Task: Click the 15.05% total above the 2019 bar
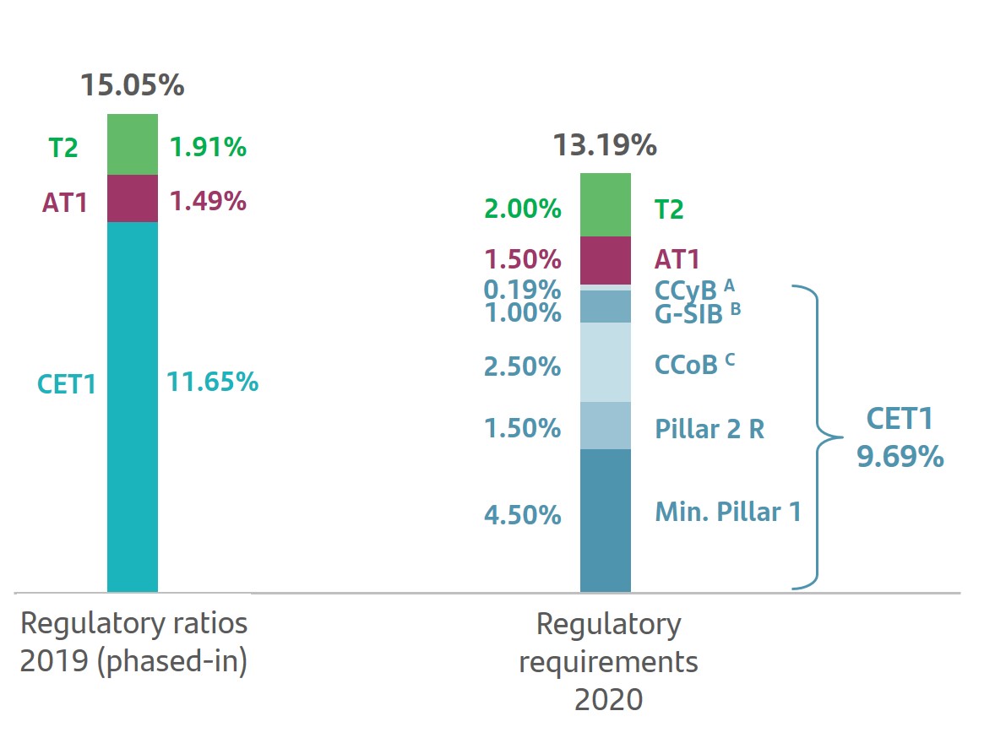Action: [x=132, y=85]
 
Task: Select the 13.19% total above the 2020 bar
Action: [x=605, y=145]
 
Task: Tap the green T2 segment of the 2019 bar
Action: [x=133, y=144]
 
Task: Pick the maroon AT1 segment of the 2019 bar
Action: [x=133, y=198]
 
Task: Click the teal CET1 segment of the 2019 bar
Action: [x=133, y=405]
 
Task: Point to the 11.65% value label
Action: [x=212, y=382]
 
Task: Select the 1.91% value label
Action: [x=208, y=148]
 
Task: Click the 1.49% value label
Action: [x=208, y=201]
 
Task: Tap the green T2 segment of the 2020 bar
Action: [x=606, y=205]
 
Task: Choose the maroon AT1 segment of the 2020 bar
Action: [x=606, y=260]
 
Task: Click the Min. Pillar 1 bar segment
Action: [x=606, y=519]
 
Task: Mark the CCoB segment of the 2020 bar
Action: [x=606, y=362]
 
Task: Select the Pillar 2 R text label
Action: [x=710, y=429]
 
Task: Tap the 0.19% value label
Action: [x=522, y=290]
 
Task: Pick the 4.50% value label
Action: [x=522, y=514]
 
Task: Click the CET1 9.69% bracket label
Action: [x=900, y=437]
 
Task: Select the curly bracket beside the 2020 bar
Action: [x=818, y=437]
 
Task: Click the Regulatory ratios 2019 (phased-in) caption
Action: [x=133, y=643]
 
